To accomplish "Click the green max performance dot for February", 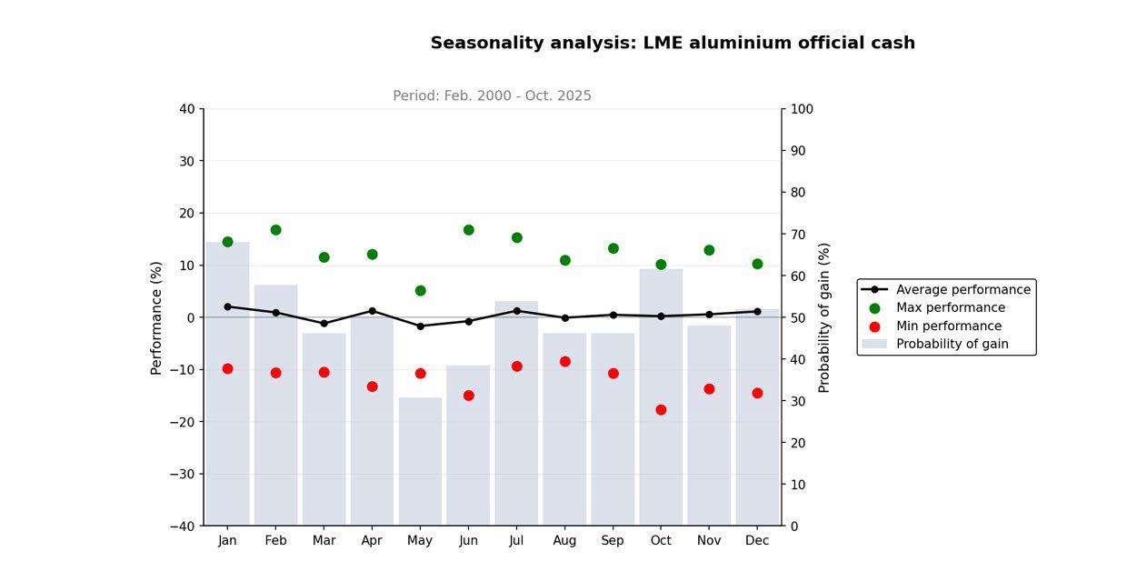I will (x=275, y=230).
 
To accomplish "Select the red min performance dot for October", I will (x=661, y=410).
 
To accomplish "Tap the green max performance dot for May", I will (x=420, y=291).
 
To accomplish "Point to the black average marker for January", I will (x=227, y=306).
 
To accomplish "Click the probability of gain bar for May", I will (x=420, y=461).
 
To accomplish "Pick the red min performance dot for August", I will (x=564, y=362).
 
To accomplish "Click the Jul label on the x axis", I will (x=516, y=541).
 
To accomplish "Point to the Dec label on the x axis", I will (x=757, y=541).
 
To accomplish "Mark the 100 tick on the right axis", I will (x=802, y=109).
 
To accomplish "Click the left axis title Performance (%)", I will (x=156, y=317).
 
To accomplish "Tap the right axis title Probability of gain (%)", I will (x=824, y=317).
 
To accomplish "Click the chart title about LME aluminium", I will (x=673, y=44).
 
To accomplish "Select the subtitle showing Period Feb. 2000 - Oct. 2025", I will (x=492, y=96).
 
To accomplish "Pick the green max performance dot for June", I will (x=468, y=230).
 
